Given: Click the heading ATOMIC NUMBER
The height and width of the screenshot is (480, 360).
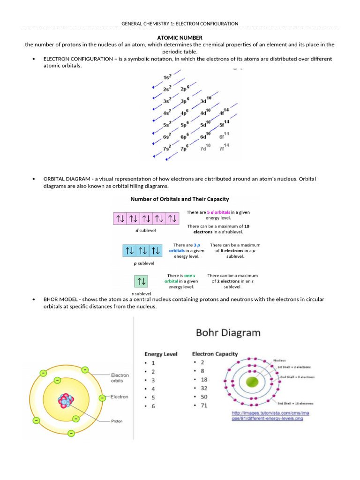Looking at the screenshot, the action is click(180, 37).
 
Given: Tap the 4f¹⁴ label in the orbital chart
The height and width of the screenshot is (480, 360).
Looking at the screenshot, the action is click(225, 112).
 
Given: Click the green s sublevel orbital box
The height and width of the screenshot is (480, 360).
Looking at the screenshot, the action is click(141, 281).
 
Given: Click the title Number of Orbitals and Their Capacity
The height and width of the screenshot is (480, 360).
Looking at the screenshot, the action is click(180, 199).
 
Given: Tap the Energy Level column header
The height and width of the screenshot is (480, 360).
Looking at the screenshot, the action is click(161, 354).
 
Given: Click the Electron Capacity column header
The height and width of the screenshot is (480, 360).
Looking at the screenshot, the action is click(215, 354).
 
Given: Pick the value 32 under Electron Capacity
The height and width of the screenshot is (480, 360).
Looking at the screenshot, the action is click(203, 388).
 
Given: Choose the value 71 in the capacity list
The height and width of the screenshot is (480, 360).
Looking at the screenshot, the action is click(203, 405).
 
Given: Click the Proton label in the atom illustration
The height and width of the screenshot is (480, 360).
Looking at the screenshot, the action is click(117, 421).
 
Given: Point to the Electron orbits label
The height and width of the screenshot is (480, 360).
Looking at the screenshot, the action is click(120, 378).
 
